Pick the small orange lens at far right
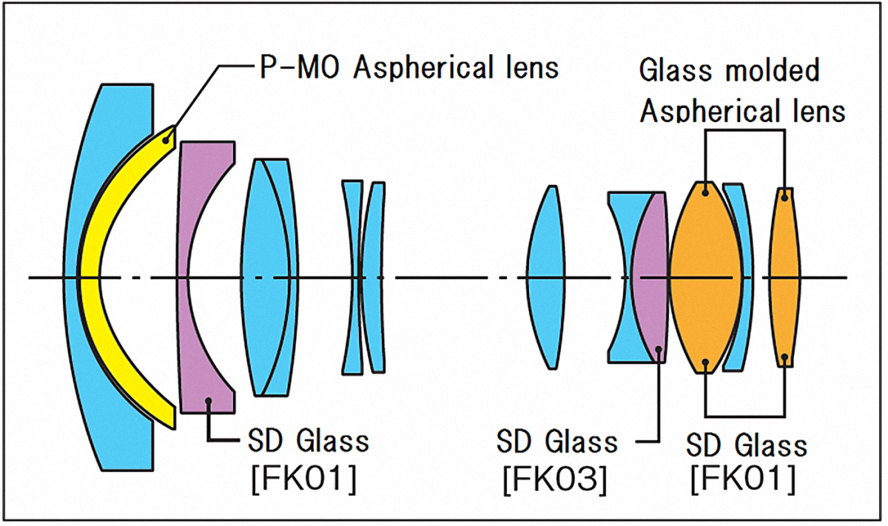pos(785,277)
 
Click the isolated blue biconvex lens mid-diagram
pos(548,277)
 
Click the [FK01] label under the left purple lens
pos(303,479)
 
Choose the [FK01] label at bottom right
pos(743,479)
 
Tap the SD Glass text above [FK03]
pos(556,442)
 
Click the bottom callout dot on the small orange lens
pos(785,358)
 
